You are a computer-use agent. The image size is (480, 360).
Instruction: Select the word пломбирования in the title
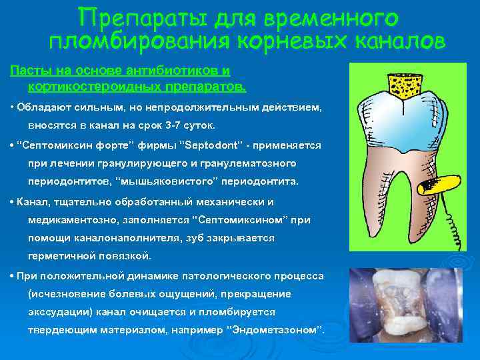point(137,41)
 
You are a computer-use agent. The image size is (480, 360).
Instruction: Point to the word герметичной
point(66,256)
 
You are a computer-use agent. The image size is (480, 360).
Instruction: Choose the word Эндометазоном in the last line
point(274,331)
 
